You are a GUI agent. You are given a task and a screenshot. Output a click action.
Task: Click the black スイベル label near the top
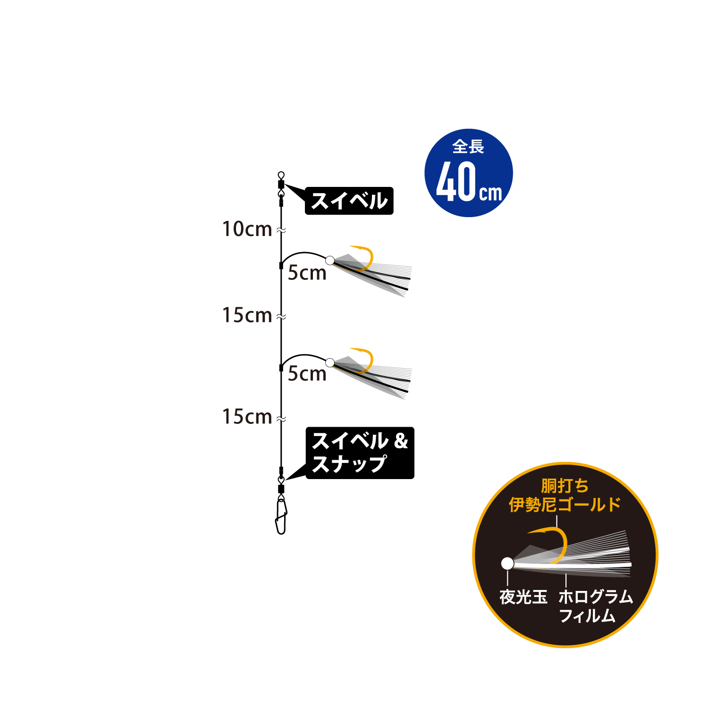click(349, 201)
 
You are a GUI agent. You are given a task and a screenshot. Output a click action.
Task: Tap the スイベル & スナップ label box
click(360, 453)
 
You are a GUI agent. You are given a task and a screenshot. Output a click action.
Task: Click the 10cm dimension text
click(247, 229)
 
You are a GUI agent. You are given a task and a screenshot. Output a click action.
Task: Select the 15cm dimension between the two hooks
click(247, 315)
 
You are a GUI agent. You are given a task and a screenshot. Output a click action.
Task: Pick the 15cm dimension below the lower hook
click(247, 417)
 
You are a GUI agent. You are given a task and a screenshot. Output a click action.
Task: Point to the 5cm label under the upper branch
click(307, 273)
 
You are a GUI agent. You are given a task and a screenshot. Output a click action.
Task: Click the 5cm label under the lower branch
click(307, 374)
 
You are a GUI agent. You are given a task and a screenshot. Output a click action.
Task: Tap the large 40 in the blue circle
click(456, 182)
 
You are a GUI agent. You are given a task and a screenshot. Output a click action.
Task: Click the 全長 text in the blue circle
click(468, 147)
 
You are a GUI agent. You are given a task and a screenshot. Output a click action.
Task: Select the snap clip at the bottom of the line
click(281, 516)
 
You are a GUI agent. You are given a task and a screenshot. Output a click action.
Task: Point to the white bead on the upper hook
click(330, 260)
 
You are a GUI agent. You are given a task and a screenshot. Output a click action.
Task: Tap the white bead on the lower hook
click(330, 362)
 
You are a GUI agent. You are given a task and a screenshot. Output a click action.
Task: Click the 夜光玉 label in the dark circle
click(523, 597)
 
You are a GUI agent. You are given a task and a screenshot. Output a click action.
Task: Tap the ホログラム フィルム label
click(596, 606)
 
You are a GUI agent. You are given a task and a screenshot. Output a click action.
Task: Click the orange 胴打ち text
click(565, 486)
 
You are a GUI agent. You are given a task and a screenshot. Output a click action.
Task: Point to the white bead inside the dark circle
click(507, 563)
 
